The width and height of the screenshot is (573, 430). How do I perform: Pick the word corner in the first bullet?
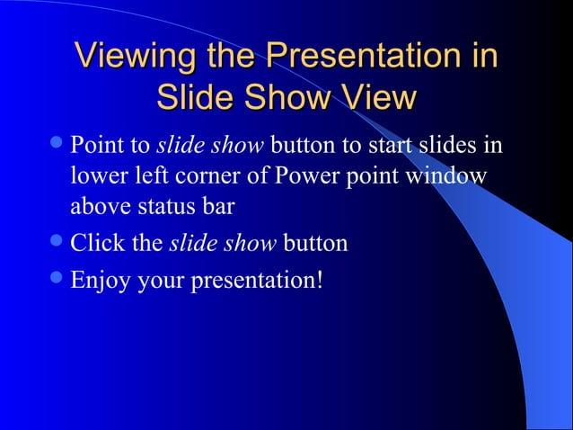tap(199, 175)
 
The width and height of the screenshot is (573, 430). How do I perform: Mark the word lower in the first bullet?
tap(96, 175)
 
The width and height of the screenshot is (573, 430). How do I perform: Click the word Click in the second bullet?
tap(94, 244)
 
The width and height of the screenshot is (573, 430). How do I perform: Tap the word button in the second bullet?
tap(315, 244)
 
